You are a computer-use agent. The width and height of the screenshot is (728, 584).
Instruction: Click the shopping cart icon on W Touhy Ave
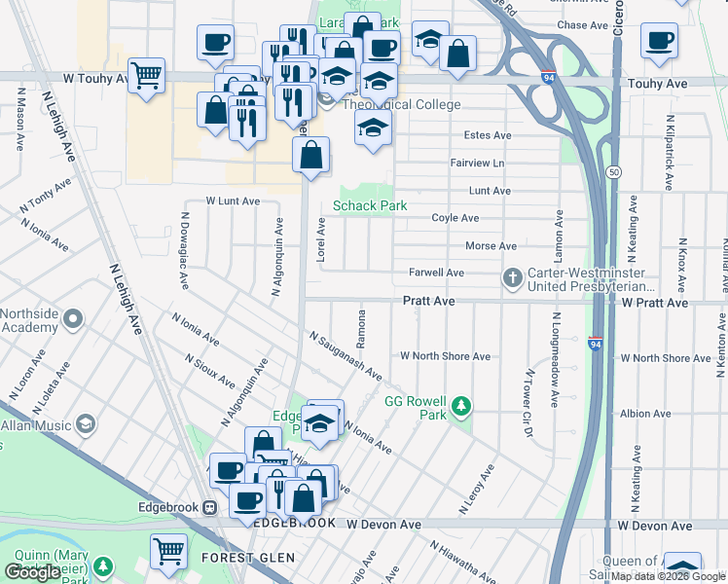coord(146,74)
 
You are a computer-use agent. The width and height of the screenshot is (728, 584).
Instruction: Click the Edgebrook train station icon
coord(208,507)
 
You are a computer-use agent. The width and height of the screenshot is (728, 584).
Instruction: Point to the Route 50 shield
coord(611,171)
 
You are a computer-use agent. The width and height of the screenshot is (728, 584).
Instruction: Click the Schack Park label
coord(370,205)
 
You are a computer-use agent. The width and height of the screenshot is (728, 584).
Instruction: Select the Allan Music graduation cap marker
coord(86,424)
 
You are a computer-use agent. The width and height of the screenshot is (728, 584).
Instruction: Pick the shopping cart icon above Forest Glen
coord(169,550)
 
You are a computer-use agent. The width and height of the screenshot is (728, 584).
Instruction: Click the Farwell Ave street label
coord(436,273)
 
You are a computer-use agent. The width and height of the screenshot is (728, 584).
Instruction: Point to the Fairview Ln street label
coord(477,163)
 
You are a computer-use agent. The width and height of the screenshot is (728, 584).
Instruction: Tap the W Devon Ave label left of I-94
coord(383,525)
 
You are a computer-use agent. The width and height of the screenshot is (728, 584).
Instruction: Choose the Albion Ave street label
coord(643,414)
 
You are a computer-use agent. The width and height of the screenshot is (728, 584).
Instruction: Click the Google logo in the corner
coord(33,572)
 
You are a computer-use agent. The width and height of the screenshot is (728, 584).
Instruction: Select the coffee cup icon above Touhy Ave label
coord(660,40)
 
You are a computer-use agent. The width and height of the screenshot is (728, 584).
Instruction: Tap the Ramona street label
coord(360,333)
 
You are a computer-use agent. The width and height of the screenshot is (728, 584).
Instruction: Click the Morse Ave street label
coord(491,246)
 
